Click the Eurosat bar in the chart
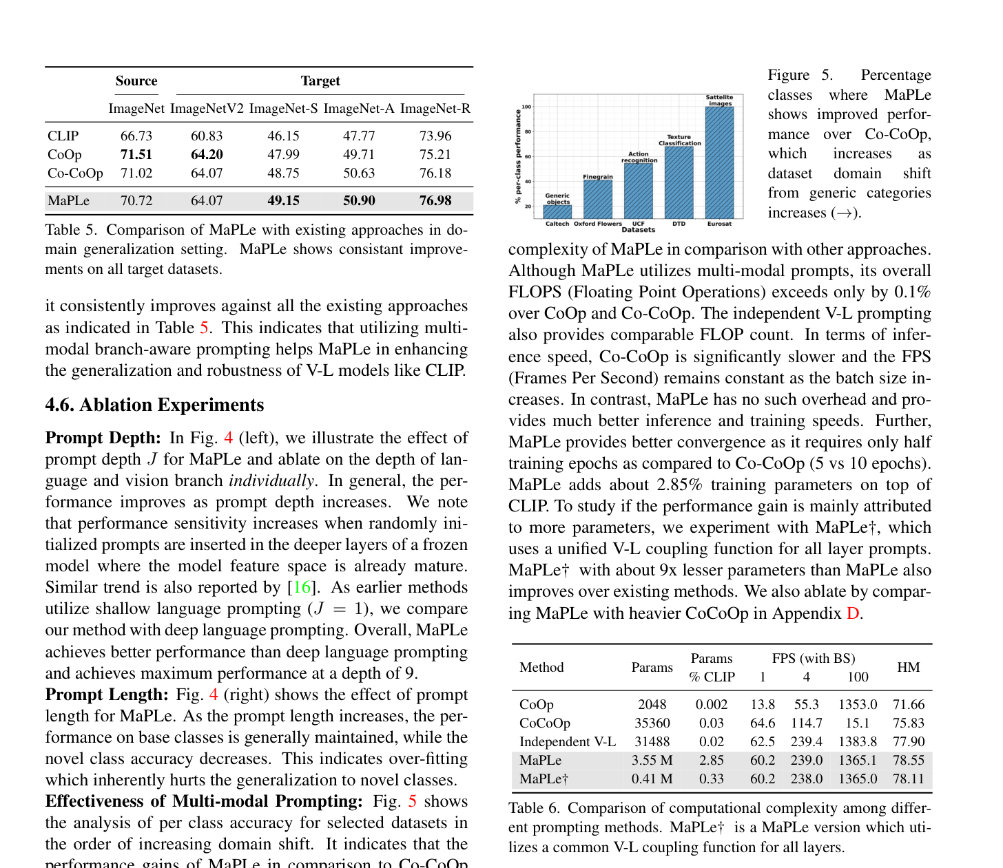[x=719, y=162]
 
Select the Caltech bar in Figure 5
[x=557, y=212]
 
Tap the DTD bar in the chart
[x=679, y=182]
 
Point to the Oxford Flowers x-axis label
[x=598, y=224]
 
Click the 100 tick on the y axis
[x=526, y=107]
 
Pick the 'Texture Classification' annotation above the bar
[x=679, y=140]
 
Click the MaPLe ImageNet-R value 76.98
[x=435, y=201]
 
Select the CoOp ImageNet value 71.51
[x=136, y=155]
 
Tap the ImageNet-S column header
[x=283, y=109]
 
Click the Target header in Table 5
[x=320, y=81]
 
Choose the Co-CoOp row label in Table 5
[x=75, y=173]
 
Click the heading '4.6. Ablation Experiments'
[x=154, y=405]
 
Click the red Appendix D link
[x=853, y=613]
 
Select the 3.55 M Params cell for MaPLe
[x=652, y=761]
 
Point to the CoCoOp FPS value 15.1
[x=857, y=723]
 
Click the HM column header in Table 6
[x=908, y=667]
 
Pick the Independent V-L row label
[x=567, y=742]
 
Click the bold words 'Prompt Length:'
[x=107, y=695]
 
